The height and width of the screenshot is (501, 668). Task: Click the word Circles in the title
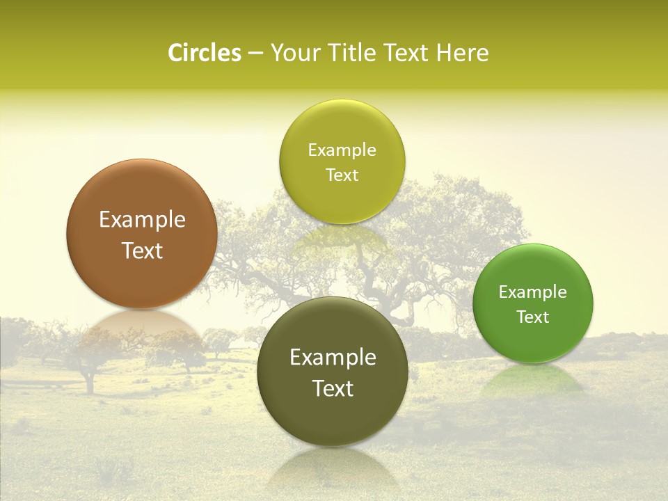tap(205, 53)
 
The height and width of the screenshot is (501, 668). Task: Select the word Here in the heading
tap(462, 53)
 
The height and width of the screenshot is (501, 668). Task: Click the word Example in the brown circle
tap(142, 220)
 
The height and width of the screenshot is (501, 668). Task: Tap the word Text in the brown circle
tap(142, 250)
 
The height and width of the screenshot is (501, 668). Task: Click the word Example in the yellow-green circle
tap(342, 150)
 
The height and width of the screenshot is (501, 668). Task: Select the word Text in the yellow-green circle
tap(342, 175)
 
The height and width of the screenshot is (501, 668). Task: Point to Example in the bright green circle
tap(532, 292)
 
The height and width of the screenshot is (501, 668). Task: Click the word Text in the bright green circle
tap(532, 317)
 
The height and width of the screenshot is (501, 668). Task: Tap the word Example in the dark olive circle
tap(333, 358)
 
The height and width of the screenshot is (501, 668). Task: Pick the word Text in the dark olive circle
tap(333, 388)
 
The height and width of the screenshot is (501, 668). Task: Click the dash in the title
tap(255, 54)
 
